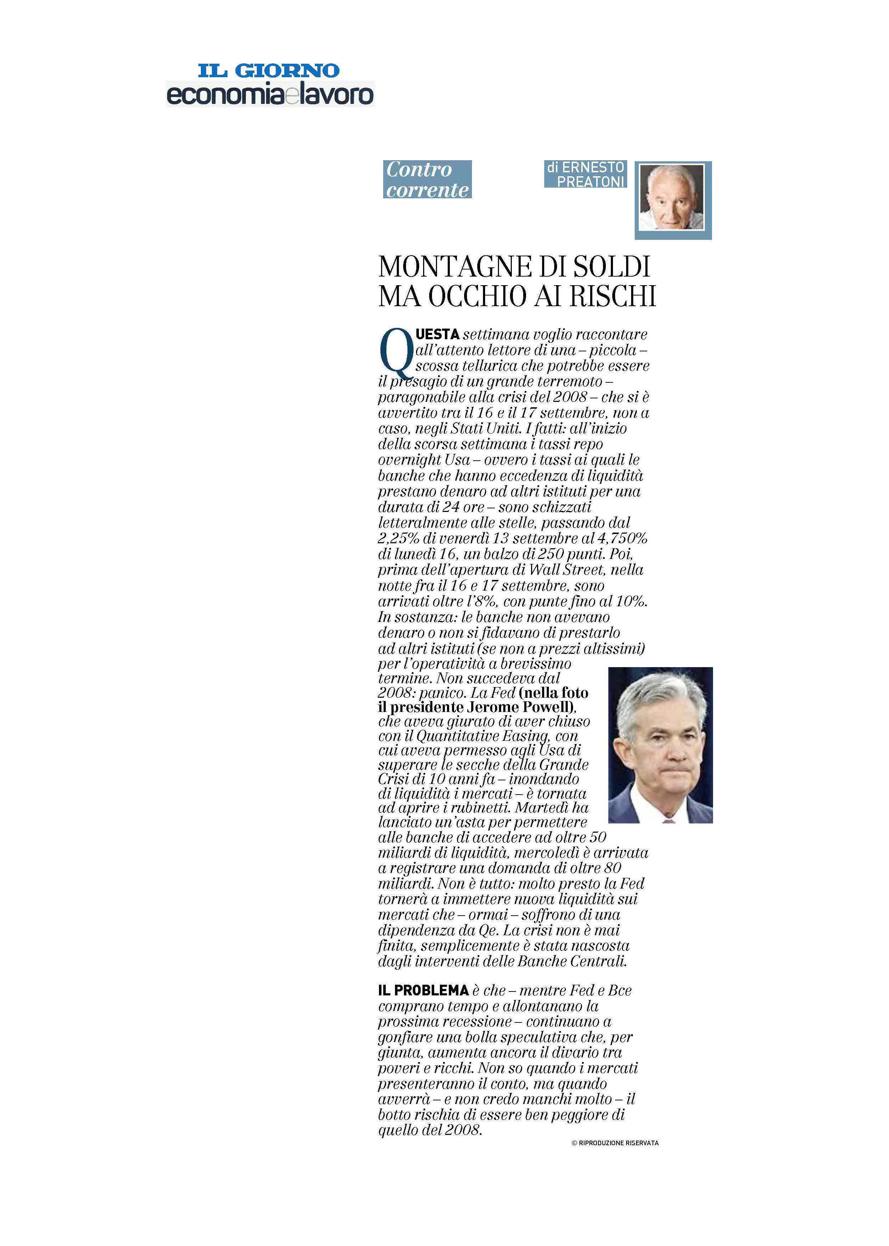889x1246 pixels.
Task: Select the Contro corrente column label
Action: [x=427, y=179]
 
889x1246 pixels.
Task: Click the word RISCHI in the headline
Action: [x=613, y=296]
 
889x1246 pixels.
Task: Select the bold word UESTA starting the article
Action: [x=437, y=334]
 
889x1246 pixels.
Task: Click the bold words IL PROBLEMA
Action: [x=423, y=990]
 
